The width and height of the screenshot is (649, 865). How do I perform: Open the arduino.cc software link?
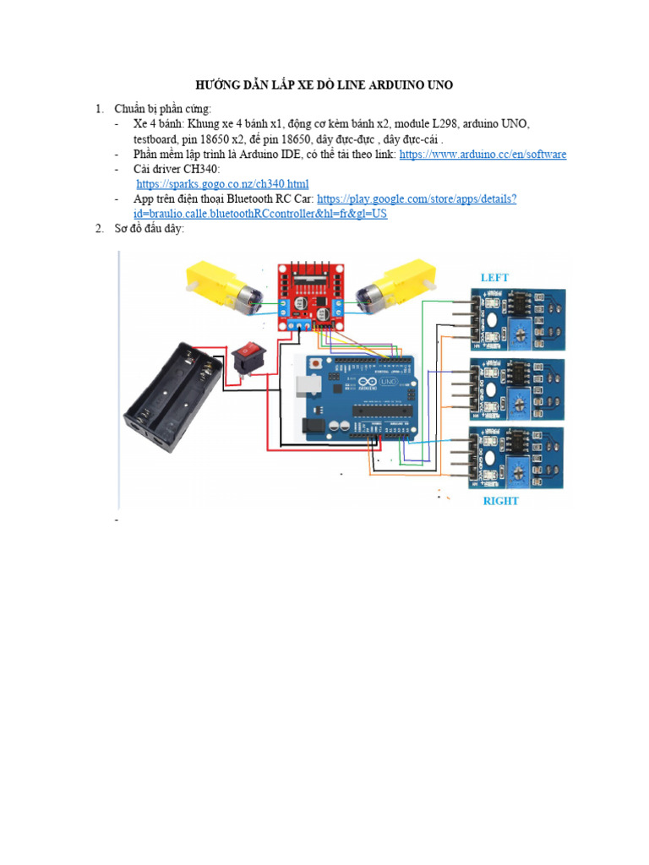point(483,155)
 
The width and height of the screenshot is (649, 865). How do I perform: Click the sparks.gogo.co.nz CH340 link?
point(222,184)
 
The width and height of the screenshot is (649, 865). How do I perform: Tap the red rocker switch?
point(248,356)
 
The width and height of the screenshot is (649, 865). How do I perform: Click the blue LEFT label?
point(494,277)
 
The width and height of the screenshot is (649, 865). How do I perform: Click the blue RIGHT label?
point(500,501)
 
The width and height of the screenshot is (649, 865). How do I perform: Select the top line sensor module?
point(517,318)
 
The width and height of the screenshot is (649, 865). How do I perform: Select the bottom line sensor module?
point(517,457)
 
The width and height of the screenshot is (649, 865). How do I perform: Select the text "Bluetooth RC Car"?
point(274,199)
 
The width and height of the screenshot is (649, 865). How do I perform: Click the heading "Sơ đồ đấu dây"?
point(150,229)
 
